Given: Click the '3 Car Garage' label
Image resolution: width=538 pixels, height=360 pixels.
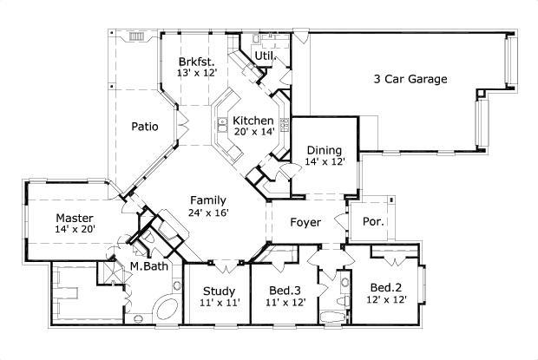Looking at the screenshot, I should coord(410,79).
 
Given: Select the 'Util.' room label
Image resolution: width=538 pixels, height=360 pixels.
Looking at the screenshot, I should coord(264,56).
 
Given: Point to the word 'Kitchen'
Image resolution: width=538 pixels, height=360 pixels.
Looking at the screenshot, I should coord(253,121).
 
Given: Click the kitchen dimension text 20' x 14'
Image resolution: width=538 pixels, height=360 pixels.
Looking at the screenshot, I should coord(253,132).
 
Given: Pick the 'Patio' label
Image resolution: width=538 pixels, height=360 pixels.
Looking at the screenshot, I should coord(145,127).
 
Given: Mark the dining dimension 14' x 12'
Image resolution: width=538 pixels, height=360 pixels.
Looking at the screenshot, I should coord(325,161).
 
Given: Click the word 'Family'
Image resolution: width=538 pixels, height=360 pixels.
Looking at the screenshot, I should coord(209,200).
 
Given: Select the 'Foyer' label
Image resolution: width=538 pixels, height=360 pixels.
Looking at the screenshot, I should coord(305,223).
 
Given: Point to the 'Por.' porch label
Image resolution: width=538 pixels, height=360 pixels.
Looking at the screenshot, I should coord(373,222).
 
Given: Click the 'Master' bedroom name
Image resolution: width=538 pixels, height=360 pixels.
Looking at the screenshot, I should coord(75,218).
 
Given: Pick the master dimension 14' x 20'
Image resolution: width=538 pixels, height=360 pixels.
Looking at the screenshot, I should coord(75,229).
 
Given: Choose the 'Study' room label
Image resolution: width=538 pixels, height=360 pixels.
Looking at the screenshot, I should coord(220,291).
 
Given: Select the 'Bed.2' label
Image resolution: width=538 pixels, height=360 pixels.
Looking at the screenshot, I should coord(384,287).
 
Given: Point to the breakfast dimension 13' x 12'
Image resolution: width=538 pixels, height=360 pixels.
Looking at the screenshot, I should coord(196,73).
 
